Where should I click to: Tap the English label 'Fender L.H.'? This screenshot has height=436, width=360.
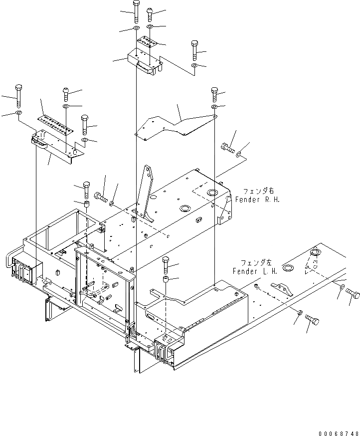coord(251,271)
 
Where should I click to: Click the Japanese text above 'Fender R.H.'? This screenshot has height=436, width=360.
coord(258,191)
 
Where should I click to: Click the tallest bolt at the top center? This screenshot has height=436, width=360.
coord(136,10)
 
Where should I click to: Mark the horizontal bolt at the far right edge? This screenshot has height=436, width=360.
coord(352,294)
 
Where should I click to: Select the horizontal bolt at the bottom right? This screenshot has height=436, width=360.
coord(312,319)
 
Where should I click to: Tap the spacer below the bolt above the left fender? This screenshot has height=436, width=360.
coord(166,278)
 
